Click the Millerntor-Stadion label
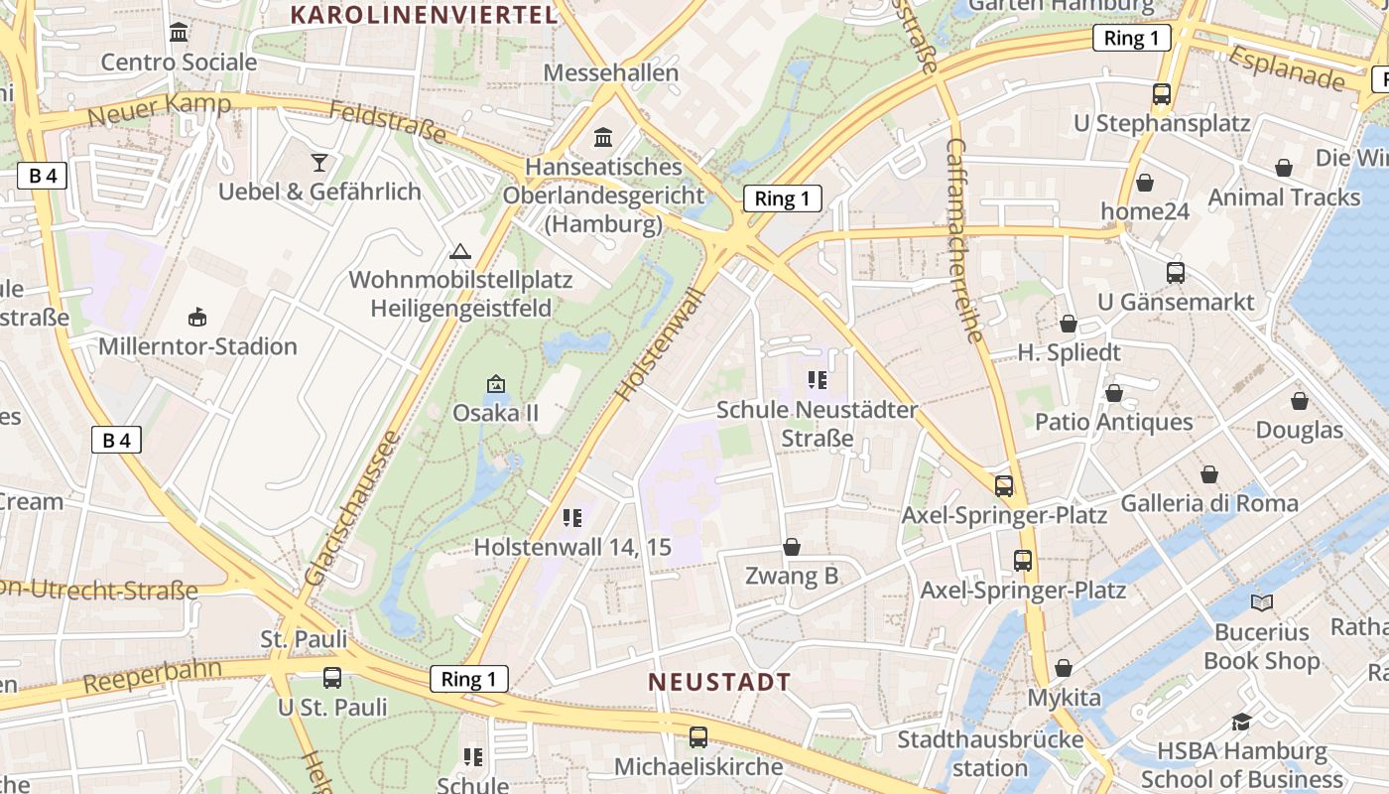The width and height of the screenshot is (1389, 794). click(x=197, y=346)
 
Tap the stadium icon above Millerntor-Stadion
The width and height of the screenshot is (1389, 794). click(x=197, y=318)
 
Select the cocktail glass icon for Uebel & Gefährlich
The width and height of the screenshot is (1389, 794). click(x=319, y=162)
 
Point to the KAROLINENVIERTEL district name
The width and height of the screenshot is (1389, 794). click(x=424, y=14)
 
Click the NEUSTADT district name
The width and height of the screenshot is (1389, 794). click(x=719, y=682)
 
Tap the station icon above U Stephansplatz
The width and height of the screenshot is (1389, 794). click(x=1162, y=94)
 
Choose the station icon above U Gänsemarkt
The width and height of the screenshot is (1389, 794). click(x=1176, y=272)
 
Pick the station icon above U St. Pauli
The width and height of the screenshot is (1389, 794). click(x=332, y=678)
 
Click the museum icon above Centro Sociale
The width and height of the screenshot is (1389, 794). click(x=179, y=33)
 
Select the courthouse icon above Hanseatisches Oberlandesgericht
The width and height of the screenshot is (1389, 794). click(x=603, y=137)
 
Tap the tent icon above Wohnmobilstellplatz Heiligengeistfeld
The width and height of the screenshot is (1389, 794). click(x=459, y=251)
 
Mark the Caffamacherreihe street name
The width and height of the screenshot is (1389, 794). click(x=966, y=240)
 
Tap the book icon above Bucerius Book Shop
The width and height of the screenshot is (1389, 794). click(x=1261, y=602)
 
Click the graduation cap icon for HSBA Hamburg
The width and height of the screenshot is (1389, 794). click(x=1241, y=722)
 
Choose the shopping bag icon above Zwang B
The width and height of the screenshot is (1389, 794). click(x=792, y=547)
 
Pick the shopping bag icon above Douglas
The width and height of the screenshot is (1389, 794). click(x=1300, y=401)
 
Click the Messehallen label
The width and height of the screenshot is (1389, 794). click(x=611, y=72)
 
